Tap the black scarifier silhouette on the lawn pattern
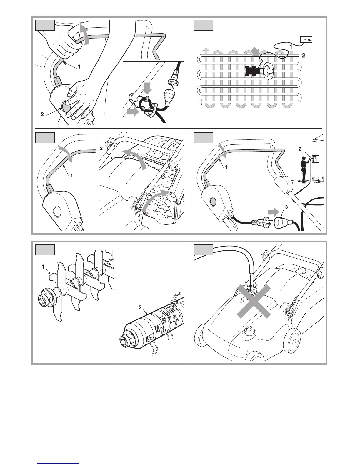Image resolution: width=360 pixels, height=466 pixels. (x=252, y=71)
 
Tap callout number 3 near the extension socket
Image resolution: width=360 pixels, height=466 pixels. (x=286, y=207)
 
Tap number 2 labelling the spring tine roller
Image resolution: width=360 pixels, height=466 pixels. (x=140, y=307)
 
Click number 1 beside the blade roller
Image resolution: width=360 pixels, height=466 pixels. (x=43, y=267)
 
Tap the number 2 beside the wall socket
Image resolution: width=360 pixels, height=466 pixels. (x=300, y=149)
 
